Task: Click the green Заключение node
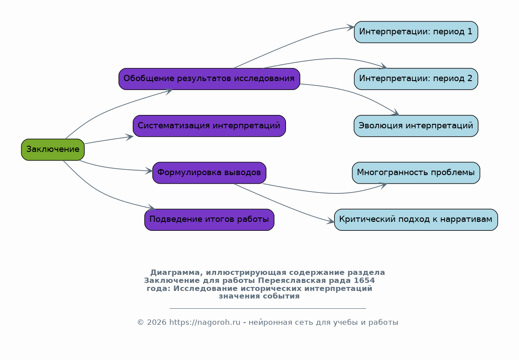pos(53,150)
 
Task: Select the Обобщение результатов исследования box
pos(209,79)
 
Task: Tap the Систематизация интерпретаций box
pos(209,126)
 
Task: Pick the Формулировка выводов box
pos(209,173)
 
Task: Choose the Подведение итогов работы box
pos(209,220)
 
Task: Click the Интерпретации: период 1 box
pos(416,32)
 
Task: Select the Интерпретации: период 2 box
pos(416,79)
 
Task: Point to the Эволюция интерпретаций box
pos(416,126)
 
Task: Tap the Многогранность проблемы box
pos(416,173)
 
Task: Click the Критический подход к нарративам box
pos(416,220)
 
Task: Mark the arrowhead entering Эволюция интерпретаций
pos(396,112)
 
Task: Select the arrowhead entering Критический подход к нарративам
pos(331,221)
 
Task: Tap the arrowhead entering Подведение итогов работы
pos(151,208)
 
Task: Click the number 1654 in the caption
pos(364,281)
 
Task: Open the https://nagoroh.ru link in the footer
pos(205,322)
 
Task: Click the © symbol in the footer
pos(141,322)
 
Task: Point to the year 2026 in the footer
pos(156,322)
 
